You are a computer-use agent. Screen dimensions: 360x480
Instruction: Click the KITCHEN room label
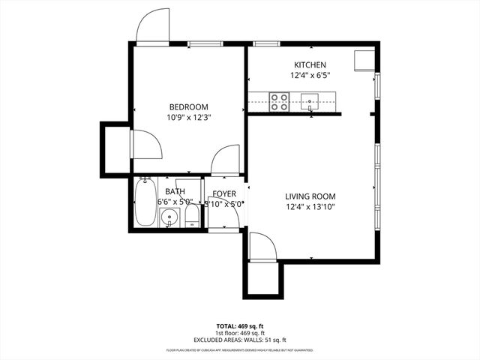click(309, 64)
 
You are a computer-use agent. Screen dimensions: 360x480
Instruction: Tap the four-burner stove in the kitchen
click(280, 101)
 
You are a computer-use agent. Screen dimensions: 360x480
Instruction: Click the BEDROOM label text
click(187, 106)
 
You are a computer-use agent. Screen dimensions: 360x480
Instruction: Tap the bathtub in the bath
click(144, 201)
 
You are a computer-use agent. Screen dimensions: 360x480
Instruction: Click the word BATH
click(175, 191)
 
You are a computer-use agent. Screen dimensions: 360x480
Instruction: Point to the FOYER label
click(224, 192)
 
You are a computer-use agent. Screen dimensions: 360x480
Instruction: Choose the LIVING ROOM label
click(309, 196)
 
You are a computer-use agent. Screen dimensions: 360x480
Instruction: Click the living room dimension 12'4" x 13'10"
click(309, 207)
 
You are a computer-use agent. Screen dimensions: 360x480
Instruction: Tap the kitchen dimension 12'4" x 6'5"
click(309, 75)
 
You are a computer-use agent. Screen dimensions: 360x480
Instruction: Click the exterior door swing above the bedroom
click(154, 28)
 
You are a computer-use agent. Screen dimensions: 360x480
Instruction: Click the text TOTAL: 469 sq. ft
click(239, 326)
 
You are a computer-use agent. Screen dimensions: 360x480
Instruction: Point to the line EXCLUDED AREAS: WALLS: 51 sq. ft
click(239, 340)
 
